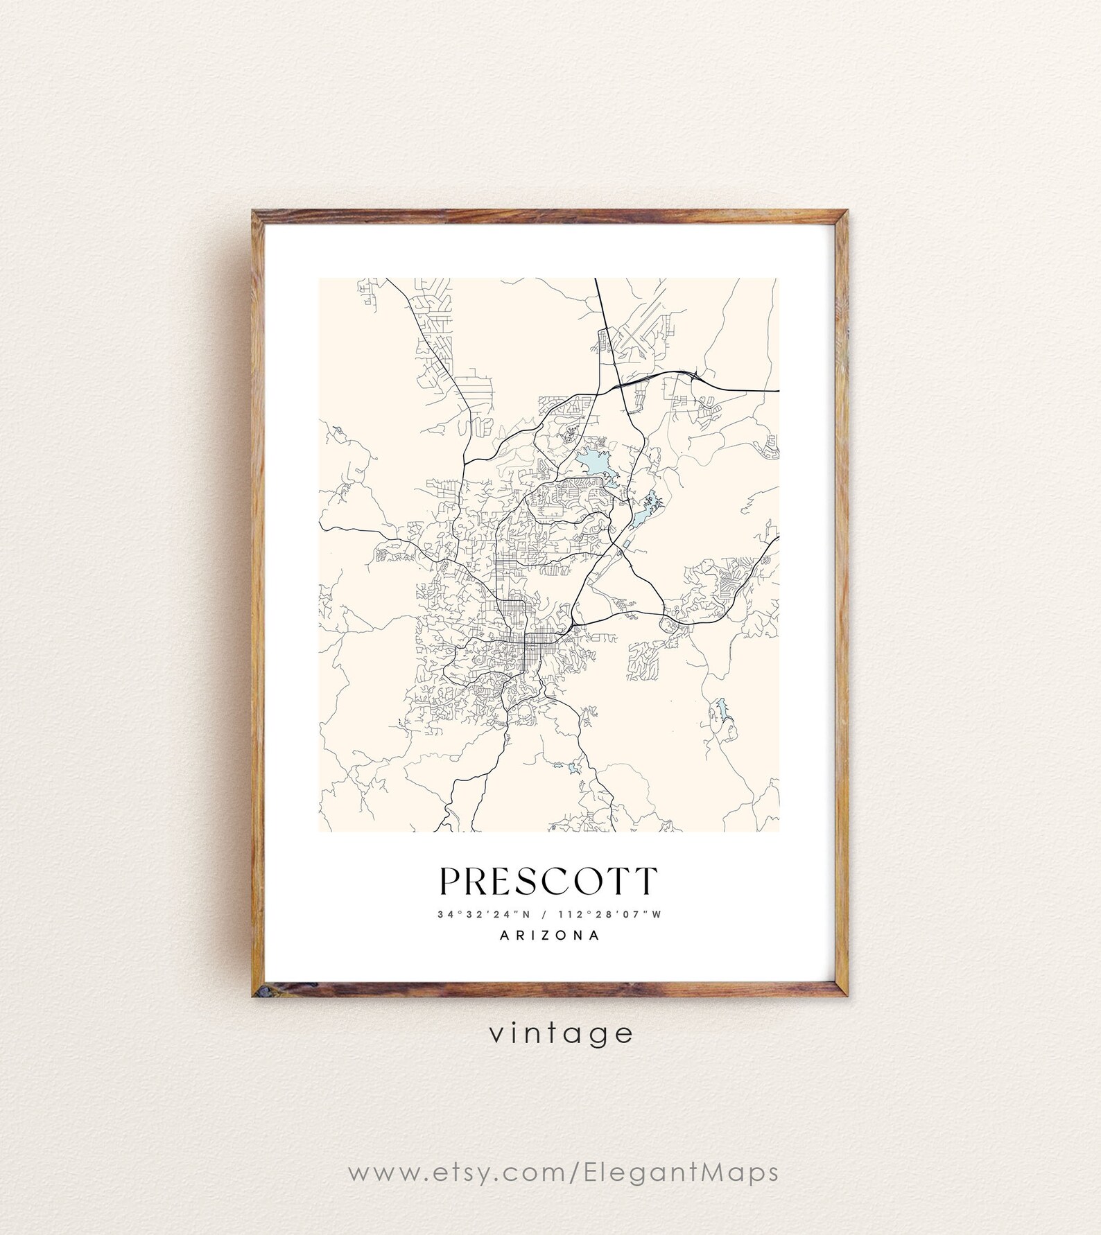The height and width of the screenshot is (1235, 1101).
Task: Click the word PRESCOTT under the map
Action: point(548,881)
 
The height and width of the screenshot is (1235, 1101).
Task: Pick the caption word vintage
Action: point(561,1033)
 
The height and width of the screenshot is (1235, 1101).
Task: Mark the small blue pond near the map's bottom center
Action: point(573,768)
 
